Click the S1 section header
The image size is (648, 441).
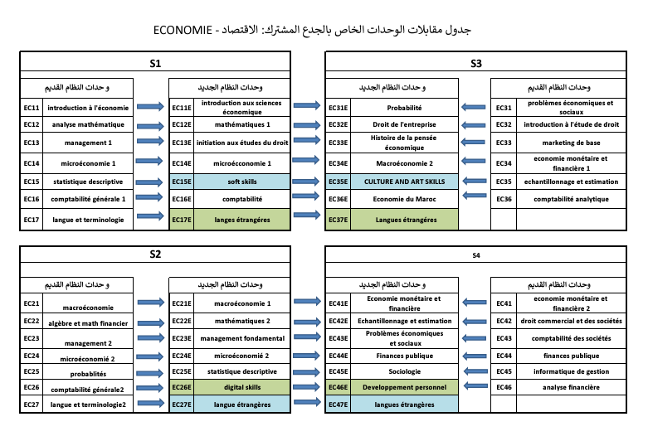point(156,63)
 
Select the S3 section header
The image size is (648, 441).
point(475,63)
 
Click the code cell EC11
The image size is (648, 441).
point(32,107)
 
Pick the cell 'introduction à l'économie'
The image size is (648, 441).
point(88,107)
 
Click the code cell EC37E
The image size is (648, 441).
point(338,220)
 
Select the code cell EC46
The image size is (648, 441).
point(504,386)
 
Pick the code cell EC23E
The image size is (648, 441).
point(181,338)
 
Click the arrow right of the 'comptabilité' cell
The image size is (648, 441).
point(306,199)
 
